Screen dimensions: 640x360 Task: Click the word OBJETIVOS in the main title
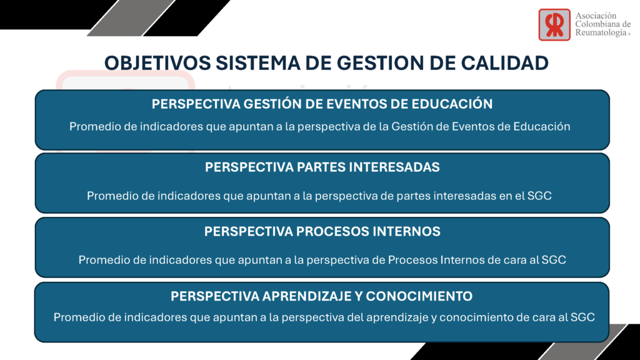[157, 63]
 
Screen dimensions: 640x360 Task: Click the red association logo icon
[554, 25]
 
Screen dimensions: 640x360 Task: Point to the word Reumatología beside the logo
[601, 32]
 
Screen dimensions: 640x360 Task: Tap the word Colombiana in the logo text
[596, 24]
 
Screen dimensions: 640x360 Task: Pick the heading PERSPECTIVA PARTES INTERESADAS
[322, 167]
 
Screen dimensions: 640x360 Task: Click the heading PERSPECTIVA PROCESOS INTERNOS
[322, 231]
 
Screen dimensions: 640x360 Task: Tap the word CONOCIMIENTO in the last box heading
[419, 296]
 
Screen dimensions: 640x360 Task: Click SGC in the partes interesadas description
[539, 196]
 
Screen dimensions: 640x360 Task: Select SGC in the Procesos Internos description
[554, 260]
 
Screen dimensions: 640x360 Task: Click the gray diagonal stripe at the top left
[131, 18]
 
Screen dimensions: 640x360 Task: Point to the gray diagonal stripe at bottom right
[584, 342]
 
